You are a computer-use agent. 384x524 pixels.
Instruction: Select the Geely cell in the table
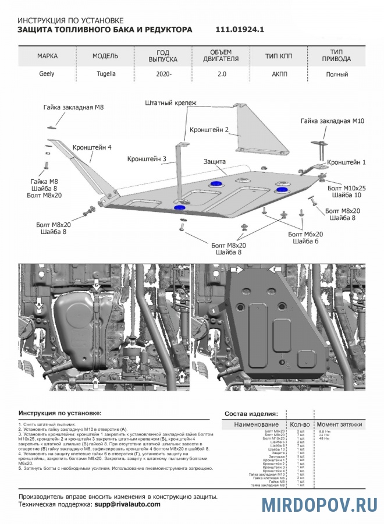click(47, 75)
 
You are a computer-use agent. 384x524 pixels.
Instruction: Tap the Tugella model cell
click(106, 75)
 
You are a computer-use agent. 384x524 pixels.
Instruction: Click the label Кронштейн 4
click(92, 147)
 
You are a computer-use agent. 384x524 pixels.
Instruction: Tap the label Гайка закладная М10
click(332, 121)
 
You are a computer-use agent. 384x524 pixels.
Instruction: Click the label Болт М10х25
click(346, 188)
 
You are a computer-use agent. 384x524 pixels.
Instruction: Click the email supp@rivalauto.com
click(127, 504)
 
